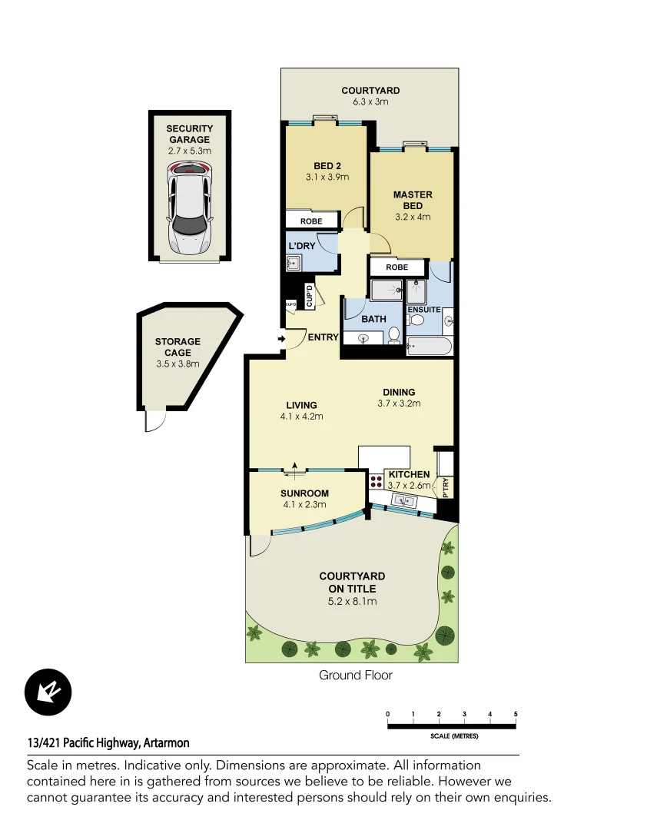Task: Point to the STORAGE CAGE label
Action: (178, 347)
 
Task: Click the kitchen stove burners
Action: (377, 482)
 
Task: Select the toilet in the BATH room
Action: (393, 335)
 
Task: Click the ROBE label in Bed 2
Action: (311, 221)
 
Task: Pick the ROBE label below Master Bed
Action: (397, 267)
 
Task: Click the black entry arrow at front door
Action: (281, 338)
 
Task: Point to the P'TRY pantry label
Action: (446, 487)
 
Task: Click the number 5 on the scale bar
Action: (516, 715)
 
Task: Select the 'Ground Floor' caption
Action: (356, 676)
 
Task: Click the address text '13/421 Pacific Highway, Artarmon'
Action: (108, 743)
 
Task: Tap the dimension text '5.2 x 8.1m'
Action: (352, 601)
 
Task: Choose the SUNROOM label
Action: (304, 493)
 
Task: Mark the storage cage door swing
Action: (154, 420)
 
